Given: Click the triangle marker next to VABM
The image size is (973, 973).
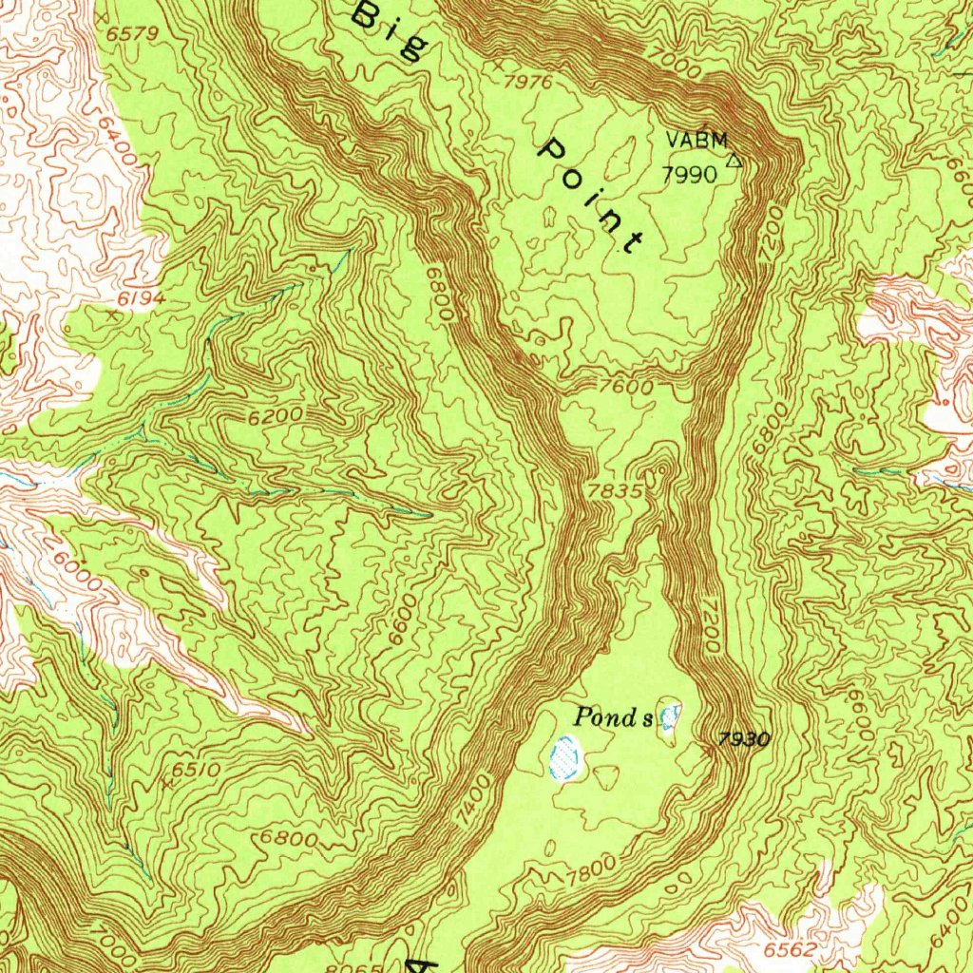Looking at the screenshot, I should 733,161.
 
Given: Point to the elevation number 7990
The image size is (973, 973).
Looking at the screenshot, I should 691,174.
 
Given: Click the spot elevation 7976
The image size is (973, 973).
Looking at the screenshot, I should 527,83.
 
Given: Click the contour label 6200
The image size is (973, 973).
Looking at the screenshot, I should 277,416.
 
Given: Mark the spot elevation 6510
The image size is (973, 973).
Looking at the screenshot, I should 197,769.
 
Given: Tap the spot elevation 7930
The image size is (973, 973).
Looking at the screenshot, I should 744,739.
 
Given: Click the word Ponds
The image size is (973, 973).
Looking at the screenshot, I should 614,718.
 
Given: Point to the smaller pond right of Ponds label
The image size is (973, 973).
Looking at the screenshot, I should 671,716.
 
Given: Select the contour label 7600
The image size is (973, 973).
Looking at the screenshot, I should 626,388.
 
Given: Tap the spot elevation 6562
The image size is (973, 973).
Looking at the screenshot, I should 791,949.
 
